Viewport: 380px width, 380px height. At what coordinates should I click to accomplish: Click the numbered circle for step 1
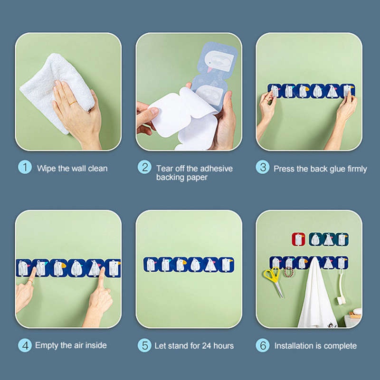(x=25, y=167)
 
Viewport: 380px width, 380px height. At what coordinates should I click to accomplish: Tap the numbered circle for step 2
(x=144, y=167)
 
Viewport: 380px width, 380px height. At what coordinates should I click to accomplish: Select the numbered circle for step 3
(x=263, y=167)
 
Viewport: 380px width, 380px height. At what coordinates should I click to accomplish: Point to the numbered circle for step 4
(x=25, y=345)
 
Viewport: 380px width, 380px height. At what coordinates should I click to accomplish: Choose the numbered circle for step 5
(x=144, y=345)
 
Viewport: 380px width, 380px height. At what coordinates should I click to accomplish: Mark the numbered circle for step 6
(x=263, y=345)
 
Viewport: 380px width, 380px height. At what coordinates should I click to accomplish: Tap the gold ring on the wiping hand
(x=73, y=103)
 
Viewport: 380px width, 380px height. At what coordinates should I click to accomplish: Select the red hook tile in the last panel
(x=298, y=239)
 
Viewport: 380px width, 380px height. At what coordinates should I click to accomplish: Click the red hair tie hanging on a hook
(x=288, y=272)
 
